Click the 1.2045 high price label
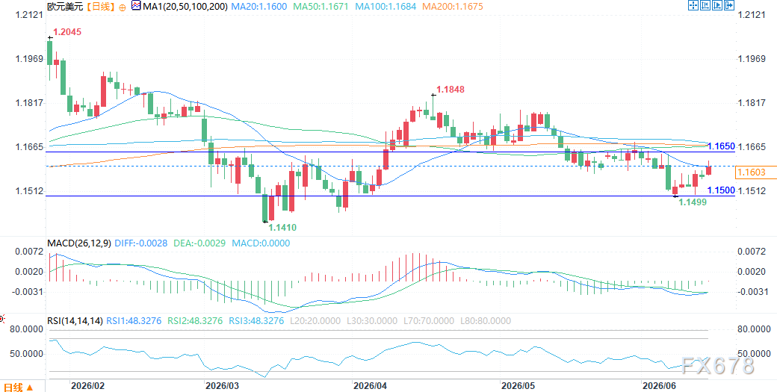67,31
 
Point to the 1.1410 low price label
282,228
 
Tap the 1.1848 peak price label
451,90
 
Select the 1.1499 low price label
693,202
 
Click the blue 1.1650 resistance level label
721,146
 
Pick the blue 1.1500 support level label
721,190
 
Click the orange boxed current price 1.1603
752,172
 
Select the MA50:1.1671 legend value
321,7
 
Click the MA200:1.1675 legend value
453,7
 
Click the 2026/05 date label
517,385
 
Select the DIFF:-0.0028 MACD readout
140,243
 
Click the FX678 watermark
717,366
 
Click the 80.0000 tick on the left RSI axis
25,329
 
